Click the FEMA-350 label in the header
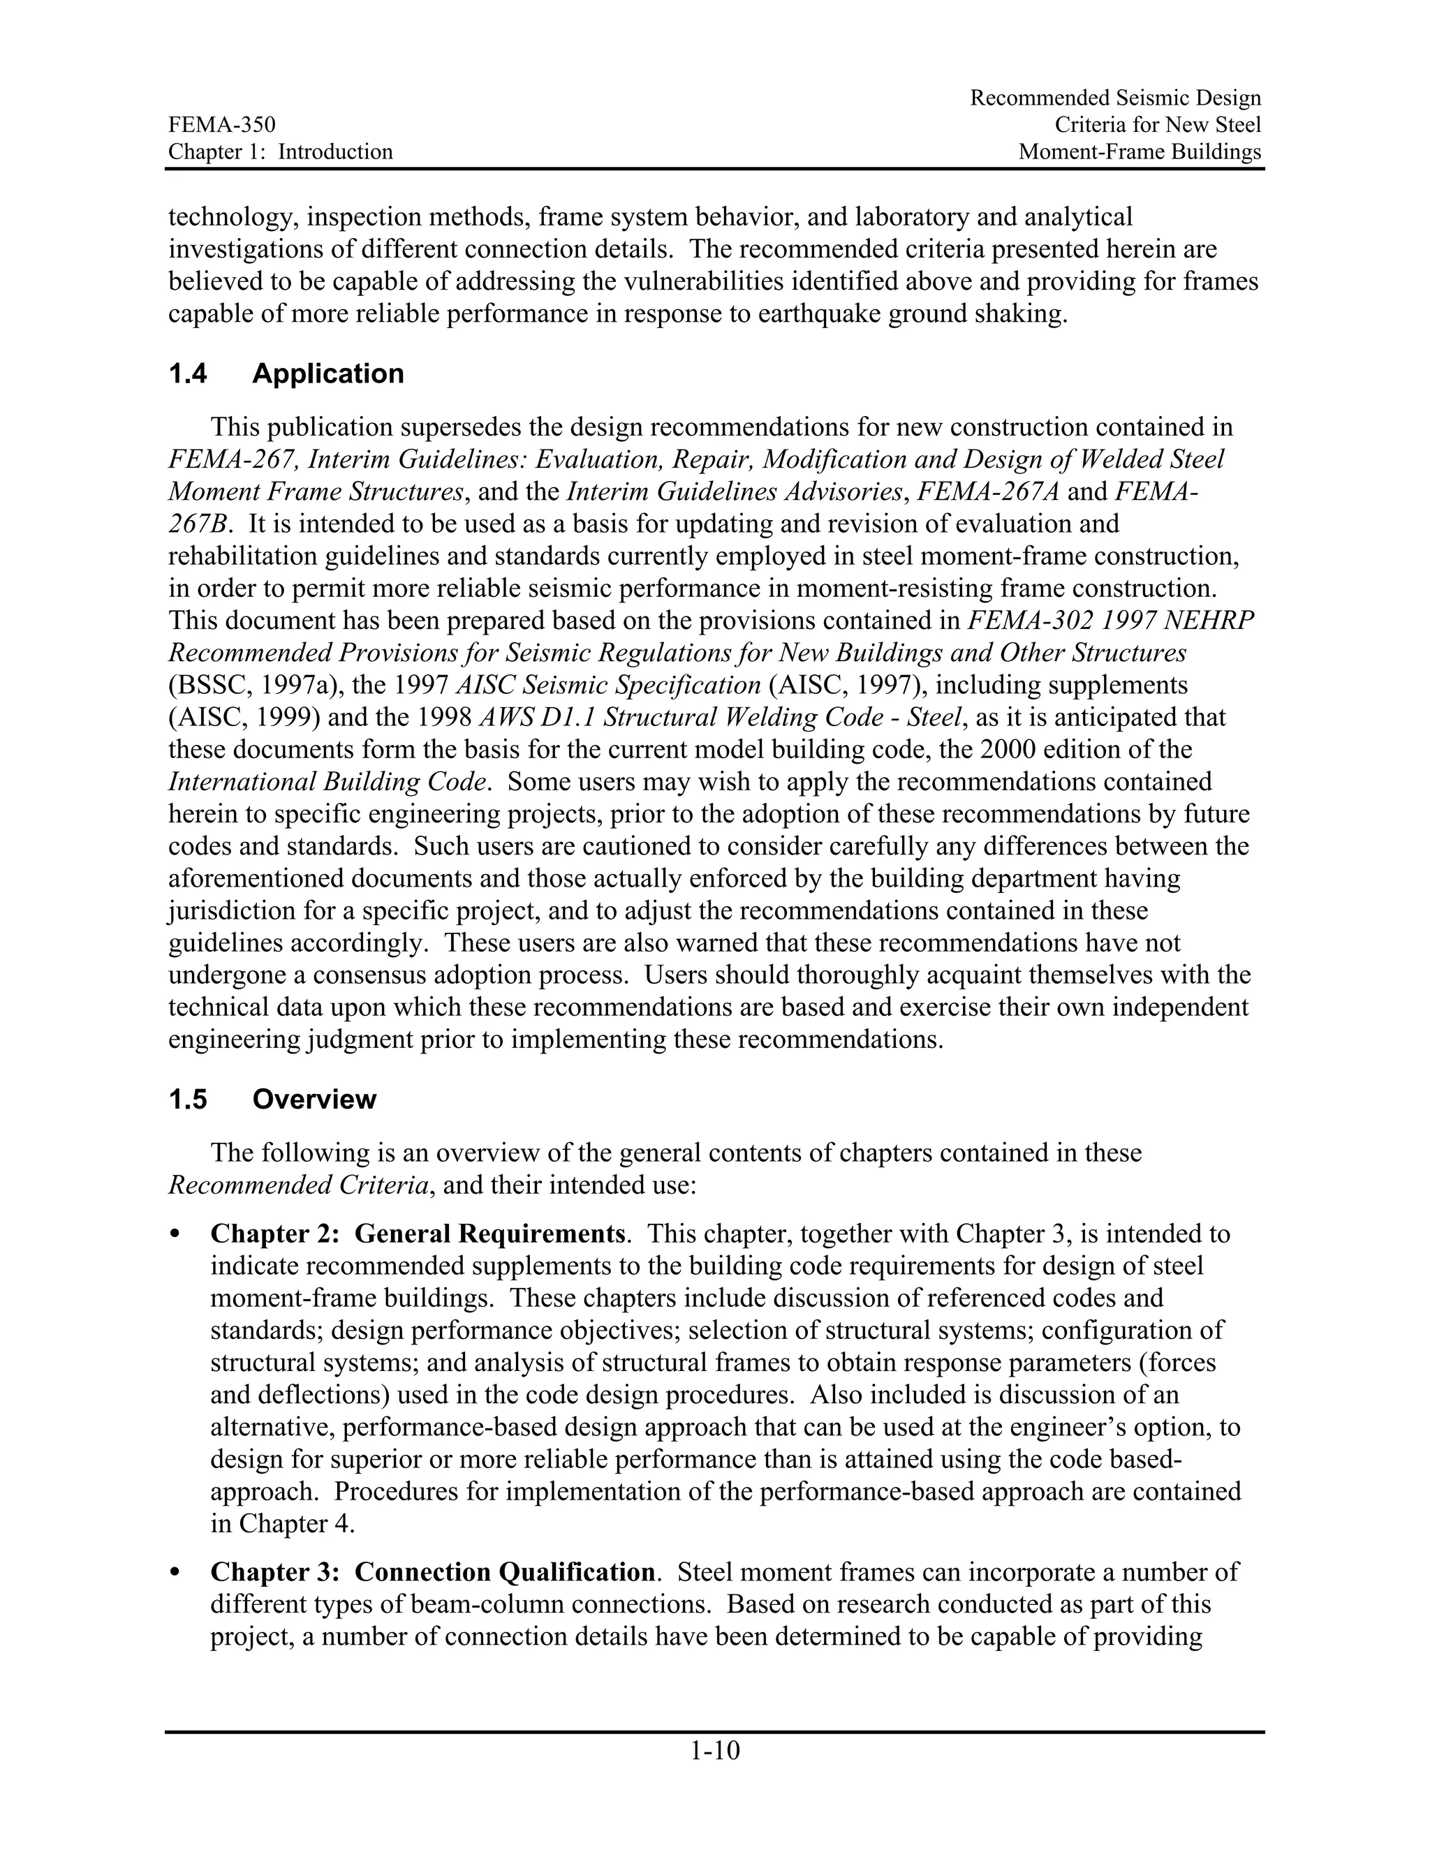(222, 126)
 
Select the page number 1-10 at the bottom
(715, 1750)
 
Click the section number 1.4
(187, 373)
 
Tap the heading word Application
(328, 373)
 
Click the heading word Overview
(314, 1100)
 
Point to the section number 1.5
(187, 1100)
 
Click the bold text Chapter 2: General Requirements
(418, 1234)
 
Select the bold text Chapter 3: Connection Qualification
(432, 1572)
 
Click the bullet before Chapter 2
(175, 1235)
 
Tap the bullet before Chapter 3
(175, 1573)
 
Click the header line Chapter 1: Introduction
(281, 152)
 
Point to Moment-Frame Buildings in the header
(1140, 152)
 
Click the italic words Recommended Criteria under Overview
(298, 1185)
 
